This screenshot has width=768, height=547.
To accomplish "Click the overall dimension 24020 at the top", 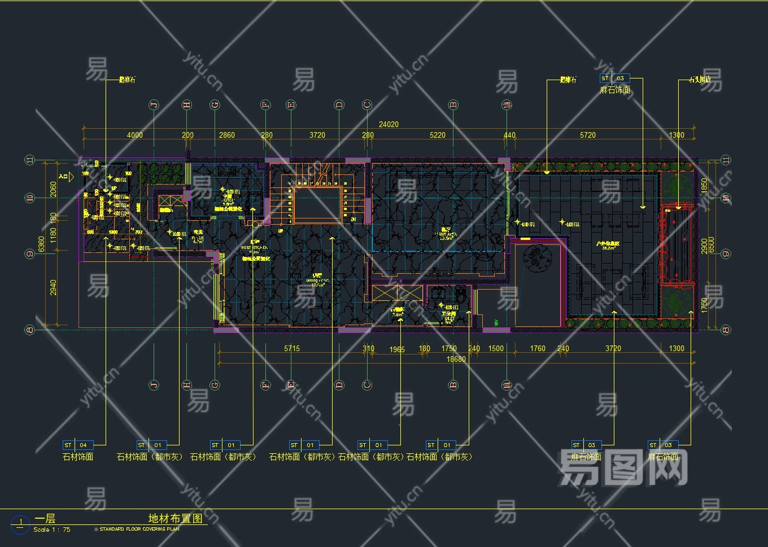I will (x=389, y=124).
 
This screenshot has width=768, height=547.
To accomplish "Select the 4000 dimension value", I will (x=135, y=135).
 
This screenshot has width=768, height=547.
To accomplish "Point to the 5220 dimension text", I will (x=438, y=135).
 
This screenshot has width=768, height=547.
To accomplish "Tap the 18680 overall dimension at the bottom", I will (x=456, y=359).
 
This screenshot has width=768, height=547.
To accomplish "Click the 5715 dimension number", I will (x=292, y=348).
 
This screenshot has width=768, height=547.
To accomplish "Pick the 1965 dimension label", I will (x=397, y=349).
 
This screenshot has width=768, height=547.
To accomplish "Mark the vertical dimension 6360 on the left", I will (x=42, y=244).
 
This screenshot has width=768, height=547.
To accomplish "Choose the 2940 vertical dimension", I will (x=54, y=287).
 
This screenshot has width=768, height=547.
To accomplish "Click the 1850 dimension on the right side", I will (x=704, y=185).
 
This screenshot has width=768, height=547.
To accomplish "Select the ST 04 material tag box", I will (x=76, y=445).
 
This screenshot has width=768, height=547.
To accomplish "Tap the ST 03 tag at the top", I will (x=614, y=78).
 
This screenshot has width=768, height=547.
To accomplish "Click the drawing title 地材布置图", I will (x=175, y=518).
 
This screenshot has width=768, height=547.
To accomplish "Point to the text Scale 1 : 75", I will (x=52, y=530).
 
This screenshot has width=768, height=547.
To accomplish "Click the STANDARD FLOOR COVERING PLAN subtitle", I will (x=139, y=530).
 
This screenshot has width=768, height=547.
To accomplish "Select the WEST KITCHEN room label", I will (x=254, y=248).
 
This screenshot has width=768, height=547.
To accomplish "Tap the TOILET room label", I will (x=448, y=318).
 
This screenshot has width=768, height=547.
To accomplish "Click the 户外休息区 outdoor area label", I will (x=608, y=244).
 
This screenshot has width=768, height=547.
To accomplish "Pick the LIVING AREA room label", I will (x=445, y=234).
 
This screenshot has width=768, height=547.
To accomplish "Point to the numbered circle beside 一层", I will (x=20, y=523).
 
